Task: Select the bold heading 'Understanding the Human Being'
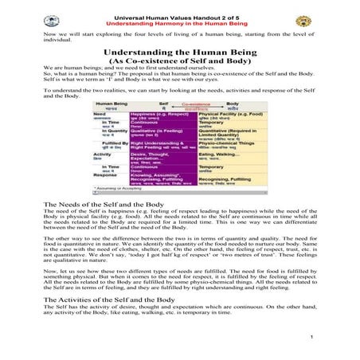click(178, 52)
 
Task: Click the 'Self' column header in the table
click(162, 104)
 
